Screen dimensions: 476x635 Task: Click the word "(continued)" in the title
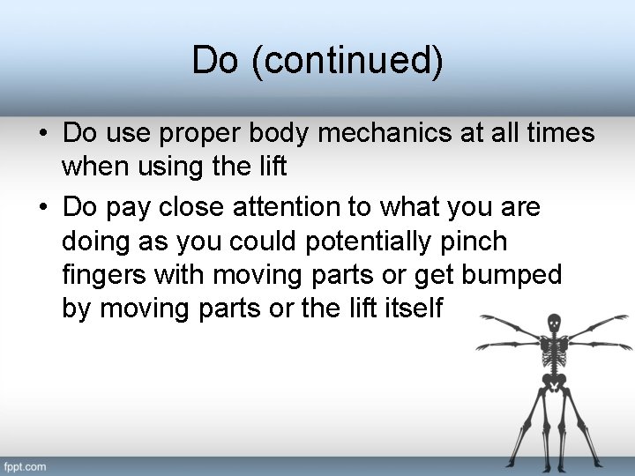point(347,61)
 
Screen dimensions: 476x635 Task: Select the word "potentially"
point(381,242)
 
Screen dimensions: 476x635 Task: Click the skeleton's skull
point(554,324)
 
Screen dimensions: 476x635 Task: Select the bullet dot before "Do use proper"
point(43,135)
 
